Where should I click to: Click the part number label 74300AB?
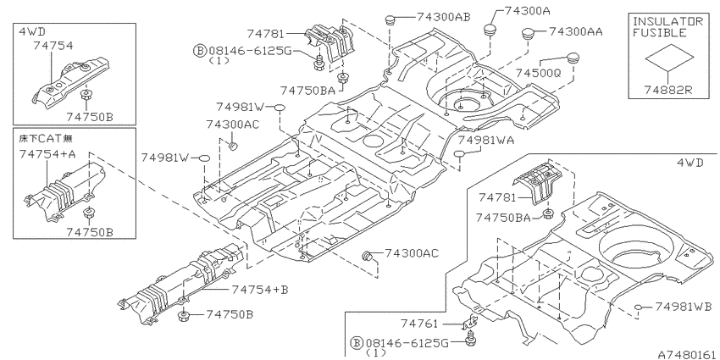444,17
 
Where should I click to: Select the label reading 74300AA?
576,31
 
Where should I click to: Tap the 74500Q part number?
538,73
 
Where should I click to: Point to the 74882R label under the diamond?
668,90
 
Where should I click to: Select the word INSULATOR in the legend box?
668,21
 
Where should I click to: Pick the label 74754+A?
47,155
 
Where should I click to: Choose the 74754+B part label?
260,290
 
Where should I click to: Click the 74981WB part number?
684,307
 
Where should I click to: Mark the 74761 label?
420,324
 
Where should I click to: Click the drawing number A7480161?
687,355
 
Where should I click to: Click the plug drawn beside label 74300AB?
390,19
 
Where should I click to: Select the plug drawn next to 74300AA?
528,35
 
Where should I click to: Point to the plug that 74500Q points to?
572,58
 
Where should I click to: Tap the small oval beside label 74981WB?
638,307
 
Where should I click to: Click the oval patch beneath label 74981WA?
460,153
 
